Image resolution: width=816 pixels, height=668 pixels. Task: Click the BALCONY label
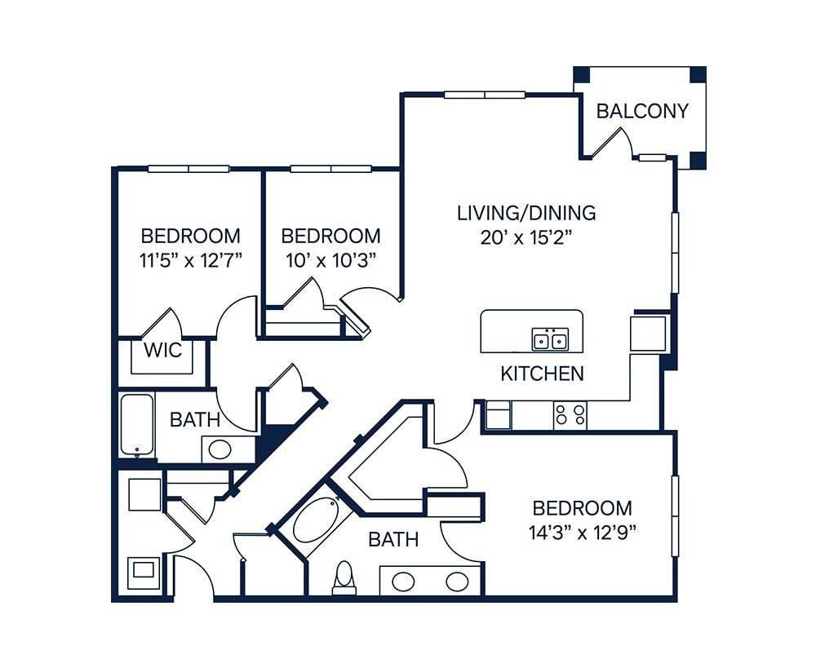tap(642, 111)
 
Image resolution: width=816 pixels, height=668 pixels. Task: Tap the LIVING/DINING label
tap(526, 213)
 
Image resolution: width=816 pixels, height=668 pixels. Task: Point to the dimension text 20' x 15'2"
tap(526, 237)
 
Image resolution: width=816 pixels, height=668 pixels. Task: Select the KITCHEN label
tap(542, 374)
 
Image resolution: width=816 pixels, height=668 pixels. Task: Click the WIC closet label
tap(163, 350)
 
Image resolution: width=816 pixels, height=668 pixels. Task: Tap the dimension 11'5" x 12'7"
tap(191, 260)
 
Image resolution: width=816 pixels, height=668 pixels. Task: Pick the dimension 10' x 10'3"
tap(331, 260)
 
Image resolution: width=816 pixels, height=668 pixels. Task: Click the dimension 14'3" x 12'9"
tap(583, 533)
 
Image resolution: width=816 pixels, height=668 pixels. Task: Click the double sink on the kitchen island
tap(549, 339)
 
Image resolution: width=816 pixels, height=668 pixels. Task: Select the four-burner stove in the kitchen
tap(570, 415)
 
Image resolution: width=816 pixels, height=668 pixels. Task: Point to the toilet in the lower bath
tap(344, 577)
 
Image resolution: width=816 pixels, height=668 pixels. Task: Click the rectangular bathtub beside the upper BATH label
tap(137, 425)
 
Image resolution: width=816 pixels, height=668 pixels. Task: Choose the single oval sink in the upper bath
tap(220, 449)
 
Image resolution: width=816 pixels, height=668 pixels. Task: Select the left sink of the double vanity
tap(403, 581)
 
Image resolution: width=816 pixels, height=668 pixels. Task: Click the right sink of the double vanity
tap(457, 581)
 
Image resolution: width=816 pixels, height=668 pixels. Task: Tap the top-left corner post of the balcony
tap(582, 74)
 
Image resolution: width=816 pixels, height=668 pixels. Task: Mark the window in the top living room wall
tap(485, 95)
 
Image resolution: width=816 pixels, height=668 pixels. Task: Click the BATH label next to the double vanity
tap(393, 539)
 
